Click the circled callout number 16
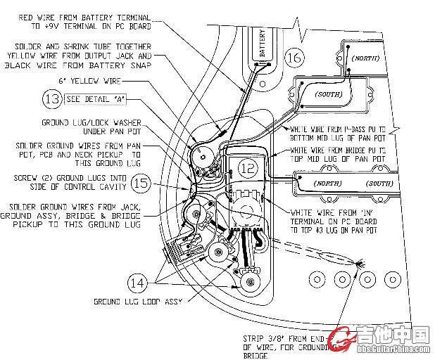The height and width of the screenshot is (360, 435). (x=296, y=58)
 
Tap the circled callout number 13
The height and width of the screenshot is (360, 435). (x=51, y=99)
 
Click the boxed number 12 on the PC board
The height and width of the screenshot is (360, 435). (x=247, y=168)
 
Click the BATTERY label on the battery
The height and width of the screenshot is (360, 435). (x=262, y=44)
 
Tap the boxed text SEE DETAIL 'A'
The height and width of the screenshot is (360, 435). (x=97, y=99)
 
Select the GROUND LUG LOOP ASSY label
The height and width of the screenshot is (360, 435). (x=138, y=302)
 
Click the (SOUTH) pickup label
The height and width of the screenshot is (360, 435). (x=331, y=93)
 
